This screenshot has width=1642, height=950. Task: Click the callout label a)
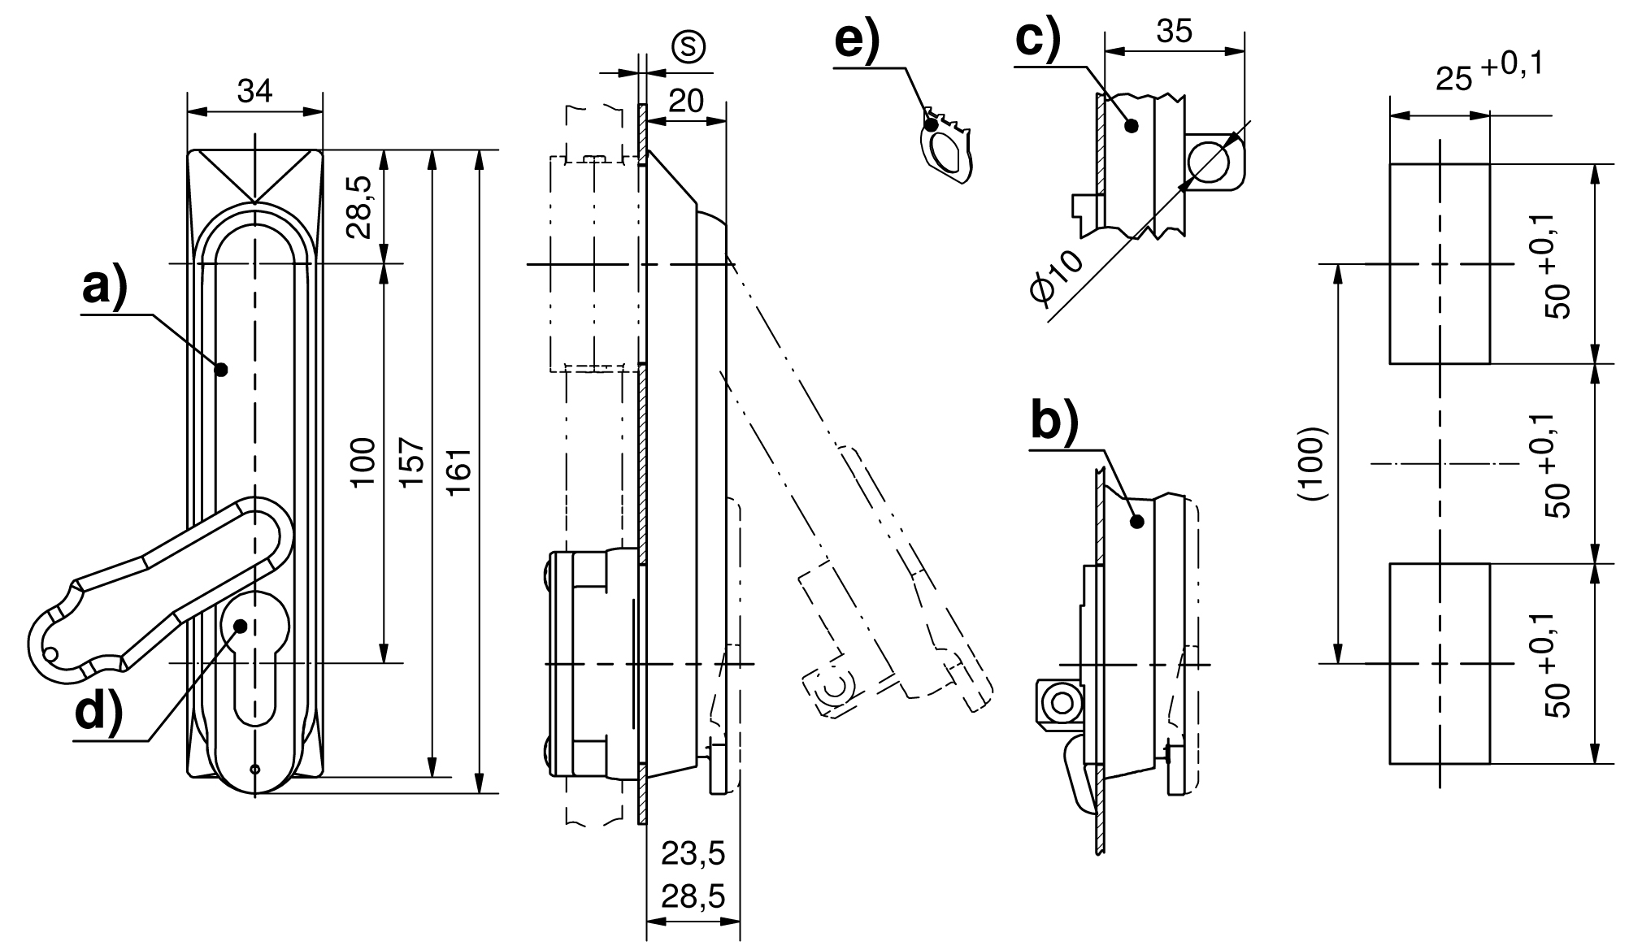pos(105,288)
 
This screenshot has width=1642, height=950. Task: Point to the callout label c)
pos(1038,39)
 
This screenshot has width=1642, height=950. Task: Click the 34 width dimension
pos(254,92)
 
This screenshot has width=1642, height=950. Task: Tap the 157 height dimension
pos(413,463)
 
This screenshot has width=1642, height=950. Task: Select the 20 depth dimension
pos(685,102)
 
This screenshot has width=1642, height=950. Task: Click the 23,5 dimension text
pos(693,854)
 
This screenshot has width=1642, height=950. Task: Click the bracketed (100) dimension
pos(1313,463)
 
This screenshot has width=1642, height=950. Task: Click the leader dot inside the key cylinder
pos(241,625)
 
